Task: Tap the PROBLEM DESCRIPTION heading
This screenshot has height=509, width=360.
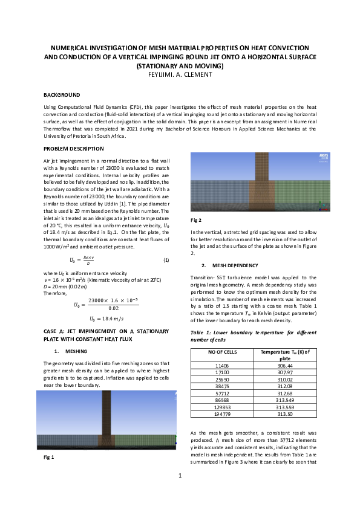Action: click(74, 149)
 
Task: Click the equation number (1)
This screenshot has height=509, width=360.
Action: click(166, 260)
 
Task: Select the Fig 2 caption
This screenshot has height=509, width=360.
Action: click(195, 220)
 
